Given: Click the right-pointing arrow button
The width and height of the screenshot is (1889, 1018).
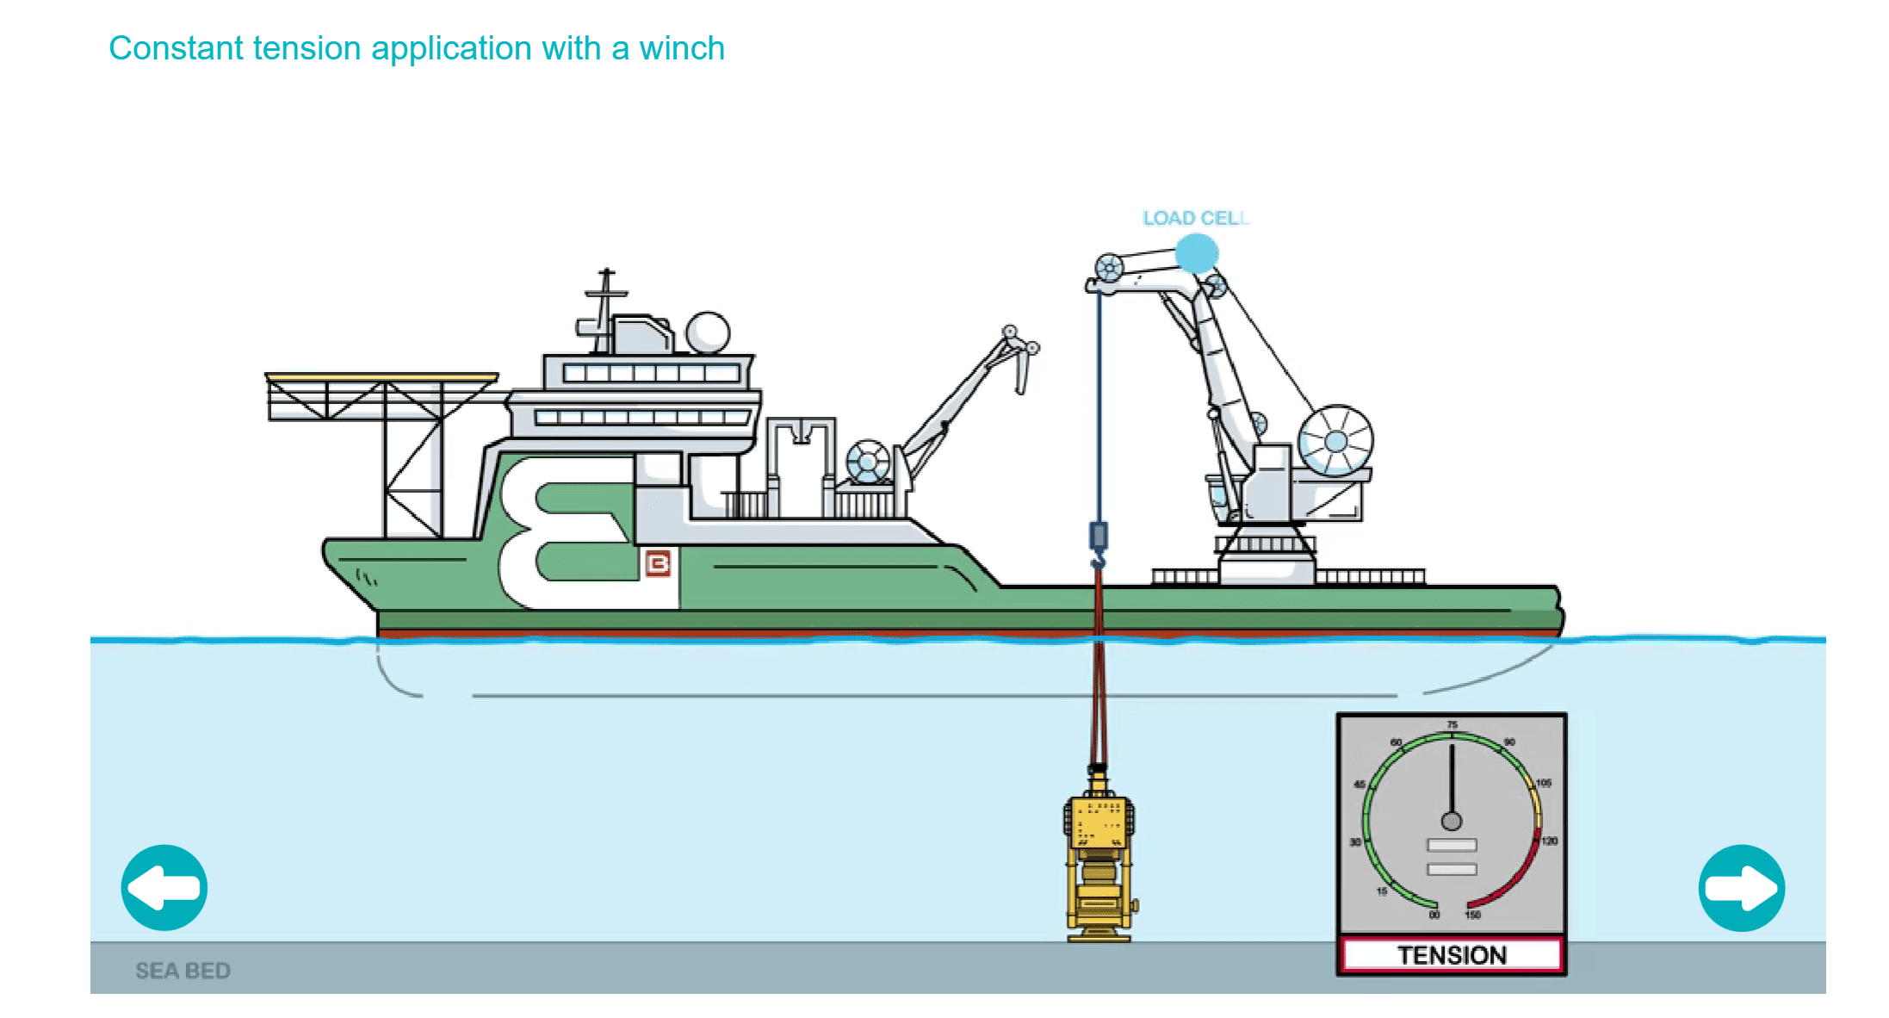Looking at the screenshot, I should pos(1741,888).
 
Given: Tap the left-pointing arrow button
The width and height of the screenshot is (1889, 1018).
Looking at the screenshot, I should pos(164,888).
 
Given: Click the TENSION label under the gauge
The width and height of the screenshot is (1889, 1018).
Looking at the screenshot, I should pos(1452,955).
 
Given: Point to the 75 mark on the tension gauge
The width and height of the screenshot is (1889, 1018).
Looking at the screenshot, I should pos(1452,725).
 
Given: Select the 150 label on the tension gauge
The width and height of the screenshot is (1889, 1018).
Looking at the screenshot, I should pos(1473,915).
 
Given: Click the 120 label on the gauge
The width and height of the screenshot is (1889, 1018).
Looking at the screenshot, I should pos(1549,841).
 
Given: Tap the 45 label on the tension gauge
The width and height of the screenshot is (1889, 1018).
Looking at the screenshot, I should pos(1359,785).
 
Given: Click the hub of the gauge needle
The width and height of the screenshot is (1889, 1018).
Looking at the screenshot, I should pos(1452,821).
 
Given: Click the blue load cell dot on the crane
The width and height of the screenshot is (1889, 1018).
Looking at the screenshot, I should pos(1197,253).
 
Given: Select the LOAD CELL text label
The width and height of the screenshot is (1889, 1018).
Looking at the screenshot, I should pos(1195,218).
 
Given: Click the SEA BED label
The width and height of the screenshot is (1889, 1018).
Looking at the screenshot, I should pos(183,971).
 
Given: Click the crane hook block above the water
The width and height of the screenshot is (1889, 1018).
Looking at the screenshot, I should pos(1099,536).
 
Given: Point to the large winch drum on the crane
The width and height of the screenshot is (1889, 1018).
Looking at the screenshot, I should pos(1335,441).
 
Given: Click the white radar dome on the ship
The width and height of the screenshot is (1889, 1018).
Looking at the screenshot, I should pos(708,332).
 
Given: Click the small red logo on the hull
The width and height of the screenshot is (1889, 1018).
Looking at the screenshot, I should pos(658,563).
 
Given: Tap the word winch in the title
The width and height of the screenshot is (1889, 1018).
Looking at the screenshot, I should pos(681,48).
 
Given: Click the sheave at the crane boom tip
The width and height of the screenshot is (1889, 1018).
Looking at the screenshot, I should pos(1109,268).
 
